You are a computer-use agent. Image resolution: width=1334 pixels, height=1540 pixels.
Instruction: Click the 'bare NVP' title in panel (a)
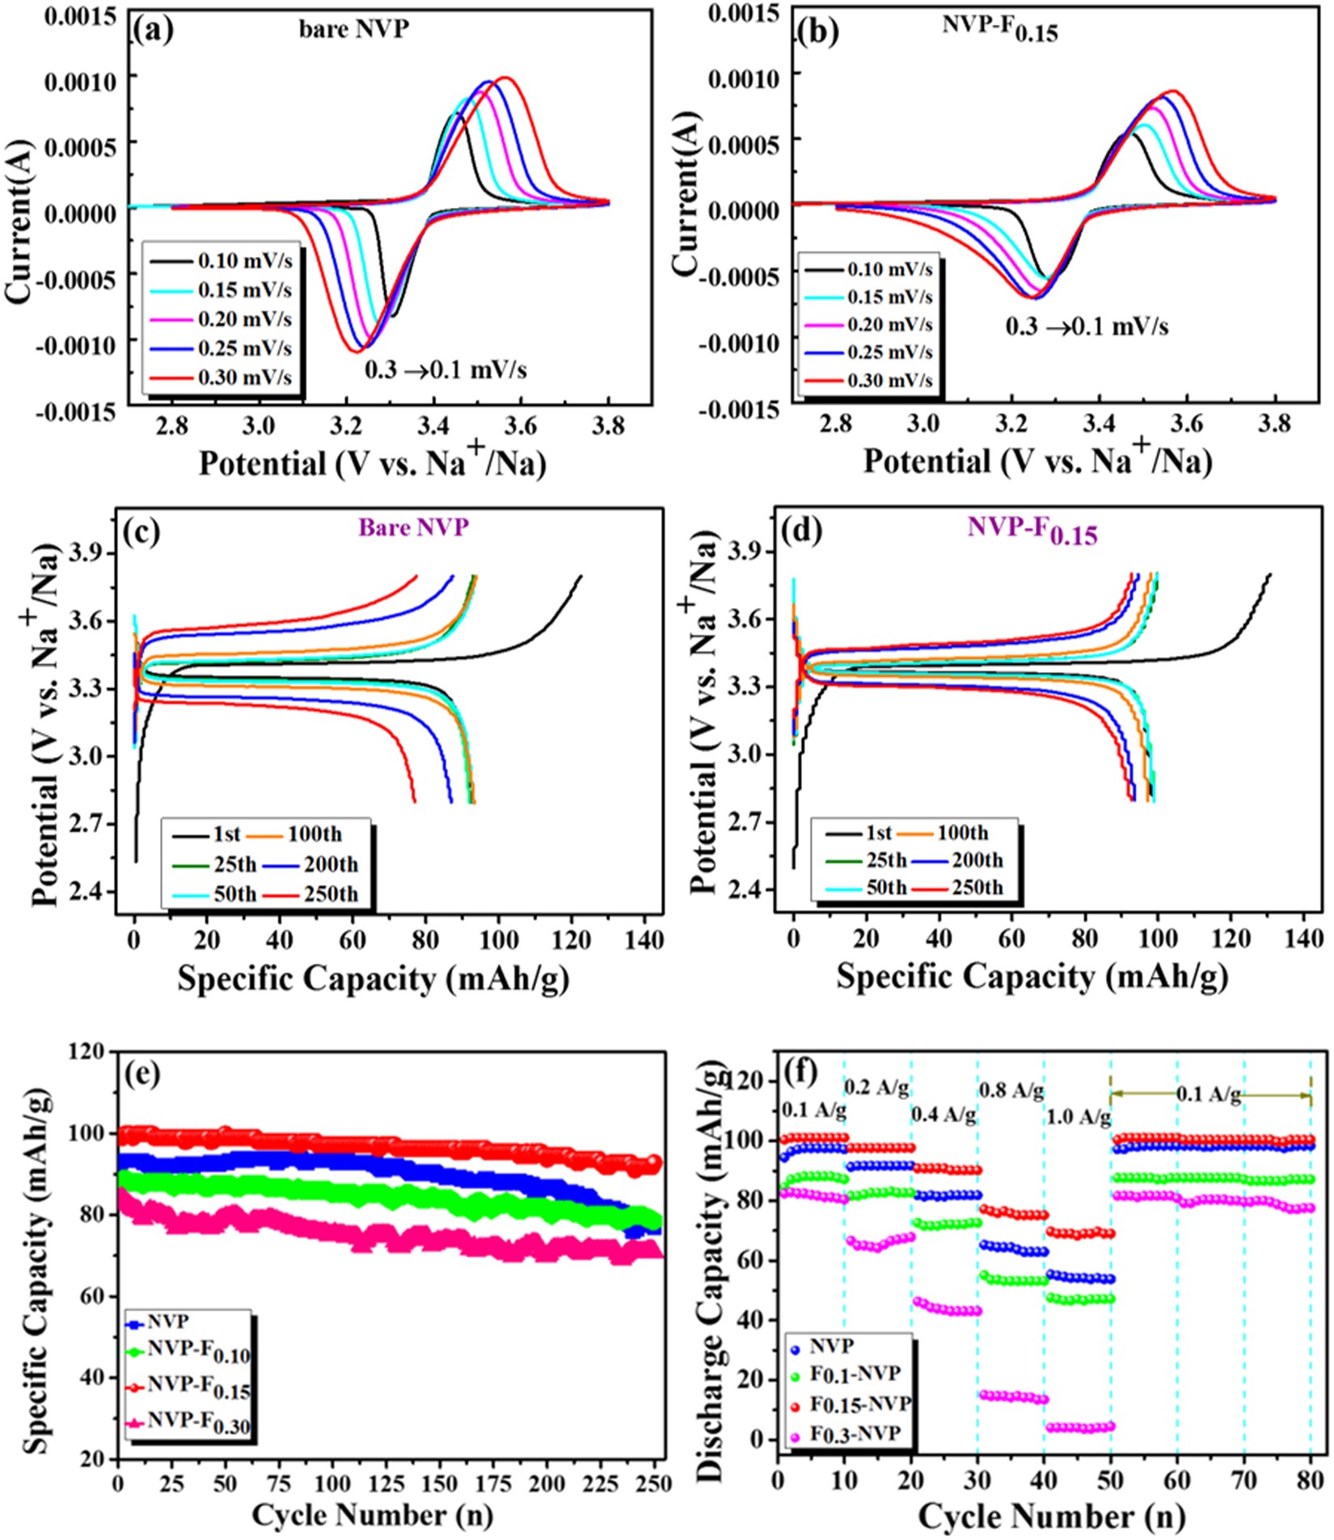pos(354,29)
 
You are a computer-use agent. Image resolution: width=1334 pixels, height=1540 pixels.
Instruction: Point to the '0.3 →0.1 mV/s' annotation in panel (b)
pos(1087,327)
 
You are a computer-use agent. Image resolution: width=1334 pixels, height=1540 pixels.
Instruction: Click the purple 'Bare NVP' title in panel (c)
pos(413,527)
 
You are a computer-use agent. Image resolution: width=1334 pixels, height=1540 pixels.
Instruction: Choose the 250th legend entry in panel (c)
pos(331,894)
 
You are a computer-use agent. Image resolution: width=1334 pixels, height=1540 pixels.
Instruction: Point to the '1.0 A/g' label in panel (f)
pos(1079,1118)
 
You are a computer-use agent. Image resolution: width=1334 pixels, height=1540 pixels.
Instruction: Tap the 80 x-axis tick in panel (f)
pos(1310,1481)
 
